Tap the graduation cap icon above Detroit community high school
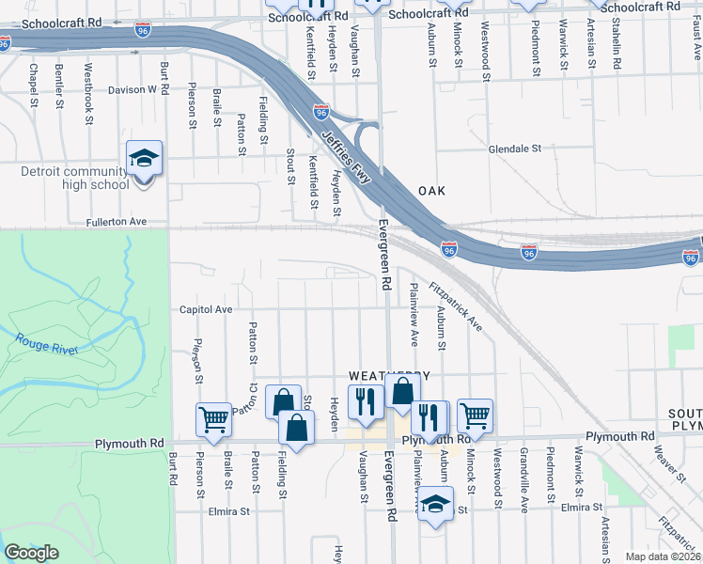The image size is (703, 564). coord(144,158)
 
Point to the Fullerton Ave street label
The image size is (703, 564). coord(117,222)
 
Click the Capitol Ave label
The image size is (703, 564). coord(205,308)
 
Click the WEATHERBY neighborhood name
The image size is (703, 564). coord(388,375)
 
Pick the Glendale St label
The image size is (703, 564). coord(515,149)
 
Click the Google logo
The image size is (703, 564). coord(31,553)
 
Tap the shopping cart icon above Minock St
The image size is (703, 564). coord(475,415)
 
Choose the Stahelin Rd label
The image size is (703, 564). coord(617,52)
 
